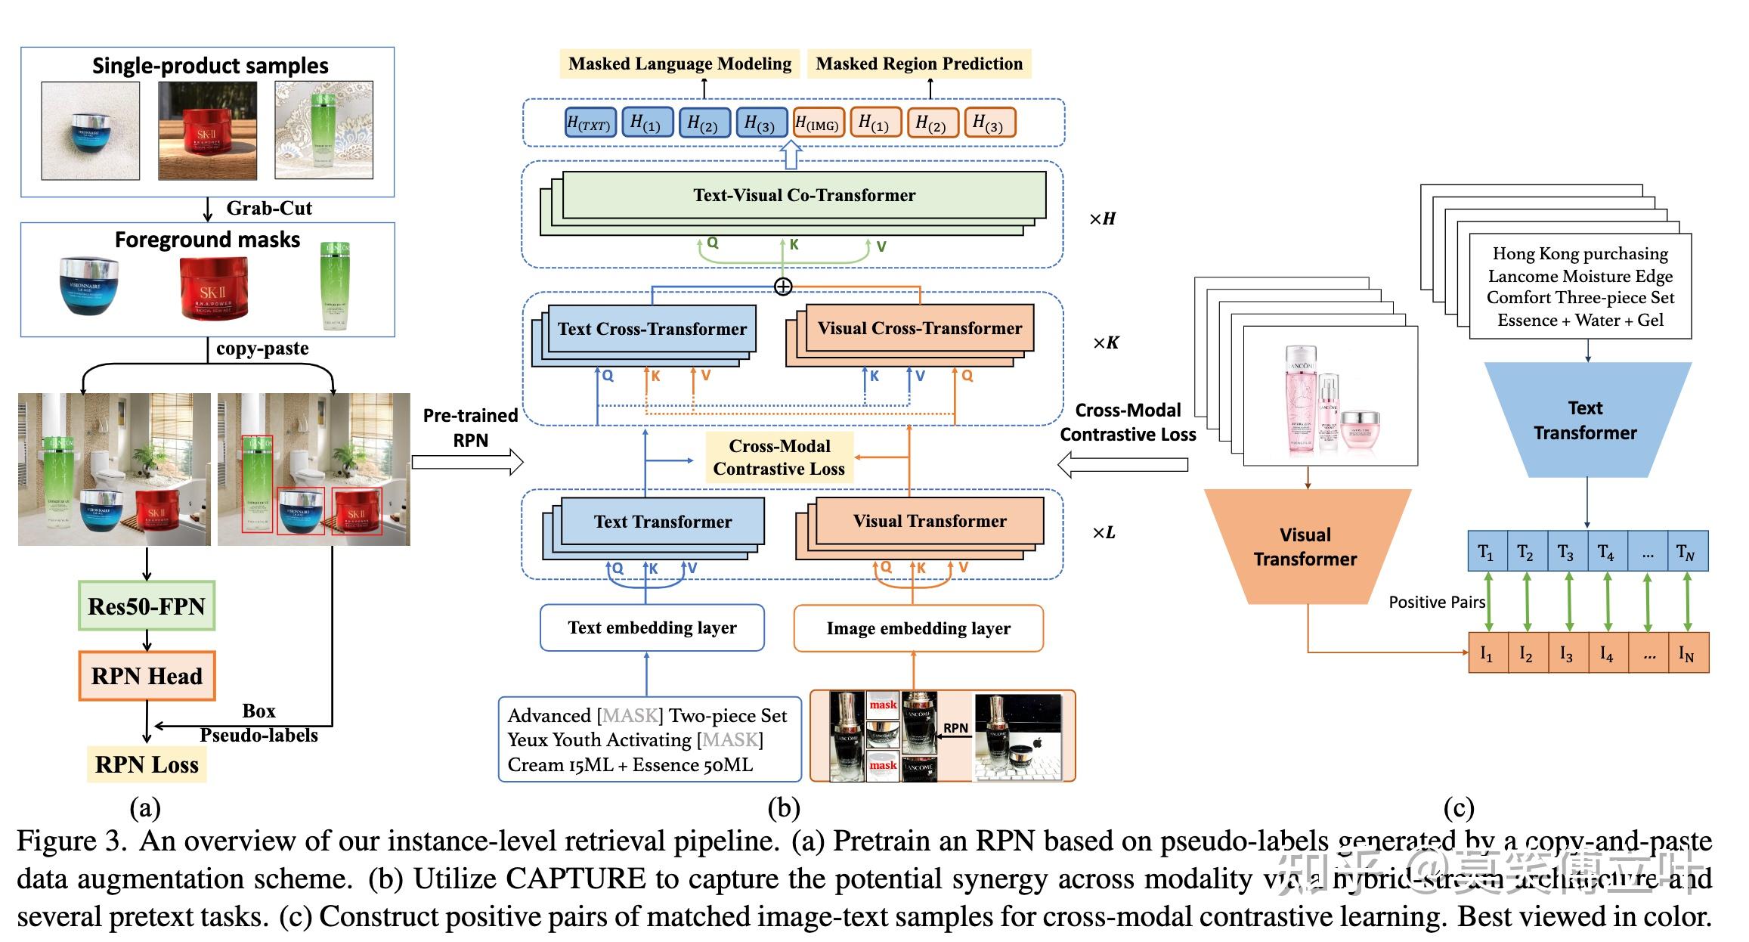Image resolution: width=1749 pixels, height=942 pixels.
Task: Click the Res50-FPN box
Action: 147,606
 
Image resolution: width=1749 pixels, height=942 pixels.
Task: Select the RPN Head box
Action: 147,675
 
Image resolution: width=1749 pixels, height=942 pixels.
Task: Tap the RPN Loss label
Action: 147,764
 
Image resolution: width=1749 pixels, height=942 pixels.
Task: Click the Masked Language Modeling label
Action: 679,64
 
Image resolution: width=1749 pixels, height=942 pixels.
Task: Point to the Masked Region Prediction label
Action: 919,64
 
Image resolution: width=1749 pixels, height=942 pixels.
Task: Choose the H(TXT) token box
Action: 590,123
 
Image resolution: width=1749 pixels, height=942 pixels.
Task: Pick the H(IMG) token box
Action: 818,123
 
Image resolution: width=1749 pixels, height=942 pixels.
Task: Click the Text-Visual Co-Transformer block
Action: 803,195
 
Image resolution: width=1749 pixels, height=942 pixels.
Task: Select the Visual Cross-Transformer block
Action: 919,329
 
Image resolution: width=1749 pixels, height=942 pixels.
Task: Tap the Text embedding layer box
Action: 652,627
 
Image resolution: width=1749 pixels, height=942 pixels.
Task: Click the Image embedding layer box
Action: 918,628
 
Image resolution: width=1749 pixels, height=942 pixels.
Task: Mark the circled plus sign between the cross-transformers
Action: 783,287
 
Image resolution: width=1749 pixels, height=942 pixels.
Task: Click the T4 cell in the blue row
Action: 1606,552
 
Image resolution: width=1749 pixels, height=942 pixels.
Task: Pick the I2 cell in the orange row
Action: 1526,653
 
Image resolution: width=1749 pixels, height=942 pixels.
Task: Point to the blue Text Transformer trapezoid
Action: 1586,420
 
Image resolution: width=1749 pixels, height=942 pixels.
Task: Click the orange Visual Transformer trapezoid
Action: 1305,547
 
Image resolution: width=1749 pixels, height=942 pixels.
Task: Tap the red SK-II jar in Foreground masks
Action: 212,288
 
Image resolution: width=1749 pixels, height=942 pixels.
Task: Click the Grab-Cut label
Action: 268,208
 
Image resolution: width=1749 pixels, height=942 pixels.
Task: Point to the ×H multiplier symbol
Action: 1102,218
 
